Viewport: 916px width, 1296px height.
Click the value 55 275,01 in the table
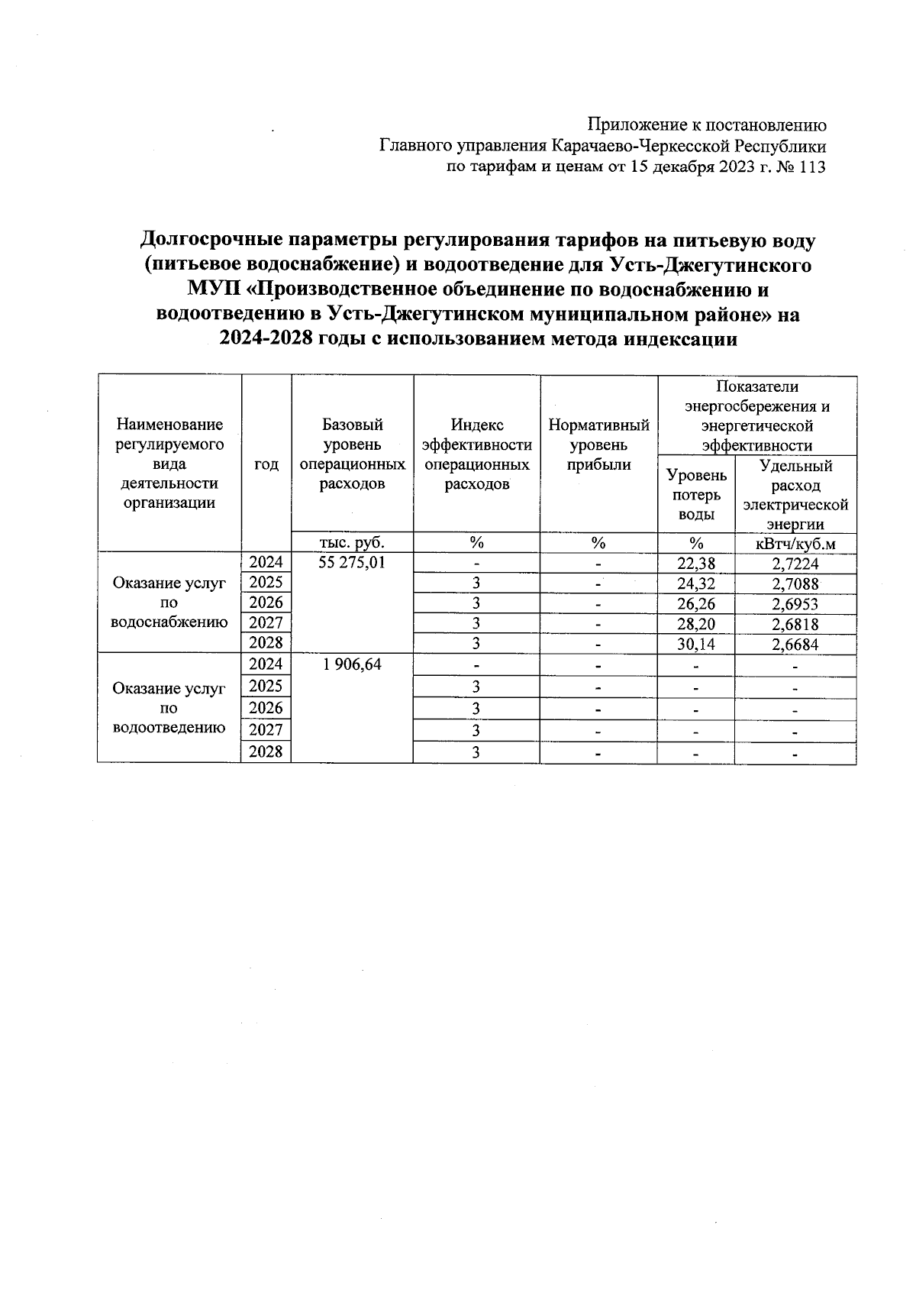pos(353,564)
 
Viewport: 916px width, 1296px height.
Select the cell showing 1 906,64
pos(353,664)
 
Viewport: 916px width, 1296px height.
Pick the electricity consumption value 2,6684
pos(795,645)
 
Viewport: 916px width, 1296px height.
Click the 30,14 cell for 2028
pos(695,645)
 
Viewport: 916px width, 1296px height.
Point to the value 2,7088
pos(795,584)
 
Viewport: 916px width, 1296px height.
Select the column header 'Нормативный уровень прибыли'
pos(598,444)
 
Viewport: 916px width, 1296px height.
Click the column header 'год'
pos(266,464)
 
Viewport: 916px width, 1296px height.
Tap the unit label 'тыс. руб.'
pos(352,543)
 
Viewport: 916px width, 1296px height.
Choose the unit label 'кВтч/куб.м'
pos(795,544)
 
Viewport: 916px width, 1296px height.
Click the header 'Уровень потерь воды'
pos(695,494)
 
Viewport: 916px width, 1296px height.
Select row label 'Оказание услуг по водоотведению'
pos(169,708)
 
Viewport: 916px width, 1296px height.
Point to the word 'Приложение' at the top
pos(635,125)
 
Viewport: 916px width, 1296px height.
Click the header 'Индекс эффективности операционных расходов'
pos(476,454)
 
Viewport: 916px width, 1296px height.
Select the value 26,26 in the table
pos(695,605)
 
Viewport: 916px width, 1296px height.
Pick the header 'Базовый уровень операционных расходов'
pos(352,454)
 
